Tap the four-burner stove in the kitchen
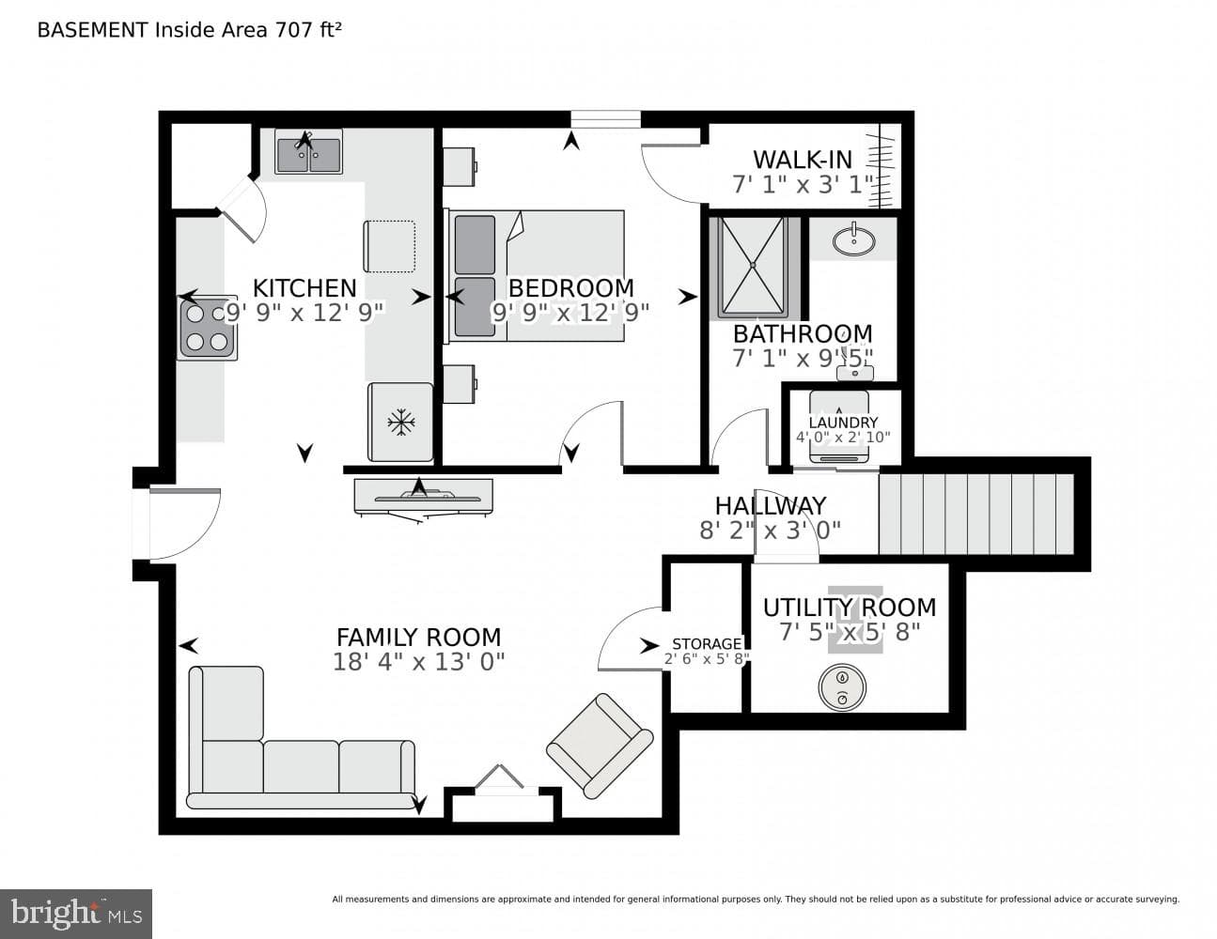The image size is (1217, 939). (x=208, y=328)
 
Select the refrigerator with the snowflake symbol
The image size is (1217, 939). (x=400, y=422)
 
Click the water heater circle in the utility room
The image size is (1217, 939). (x=842, y=687)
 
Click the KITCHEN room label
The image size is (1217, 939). (x=304, y=288)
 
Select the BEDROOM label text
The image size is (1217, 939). (x=570, y=288)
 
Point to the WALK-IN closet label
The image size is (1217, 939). (x=803, y=160)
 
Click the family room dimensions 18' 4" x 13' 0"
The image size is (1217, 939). (x=419, y=662)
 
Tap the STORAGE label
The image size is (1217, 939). (x=707, y=644)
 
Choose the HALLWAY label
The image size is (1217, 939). (x=771, y=506)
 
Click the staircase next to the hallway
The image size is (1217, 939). (x=975, y=515)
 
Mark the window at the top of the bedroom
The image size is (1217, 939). (x=605, y=119)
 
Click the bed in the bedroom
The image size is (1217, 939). (x=536, y=276)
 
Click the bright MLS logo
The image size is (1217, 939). (x=76, y=914)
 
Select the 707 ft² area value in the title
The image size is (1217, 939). (x=307, y=30)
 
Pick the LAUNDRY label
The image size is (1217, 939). (x=844, y=423)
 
